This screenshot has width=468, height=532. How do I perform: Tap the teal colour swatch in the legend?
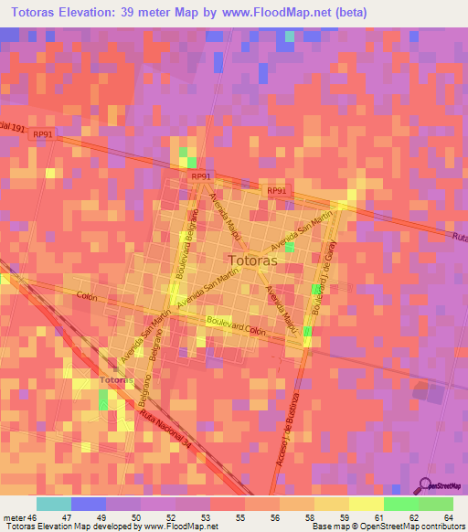tap(54, 504)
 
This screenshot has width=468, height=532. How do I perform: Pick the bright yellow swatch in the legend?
tap(366, 504)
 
